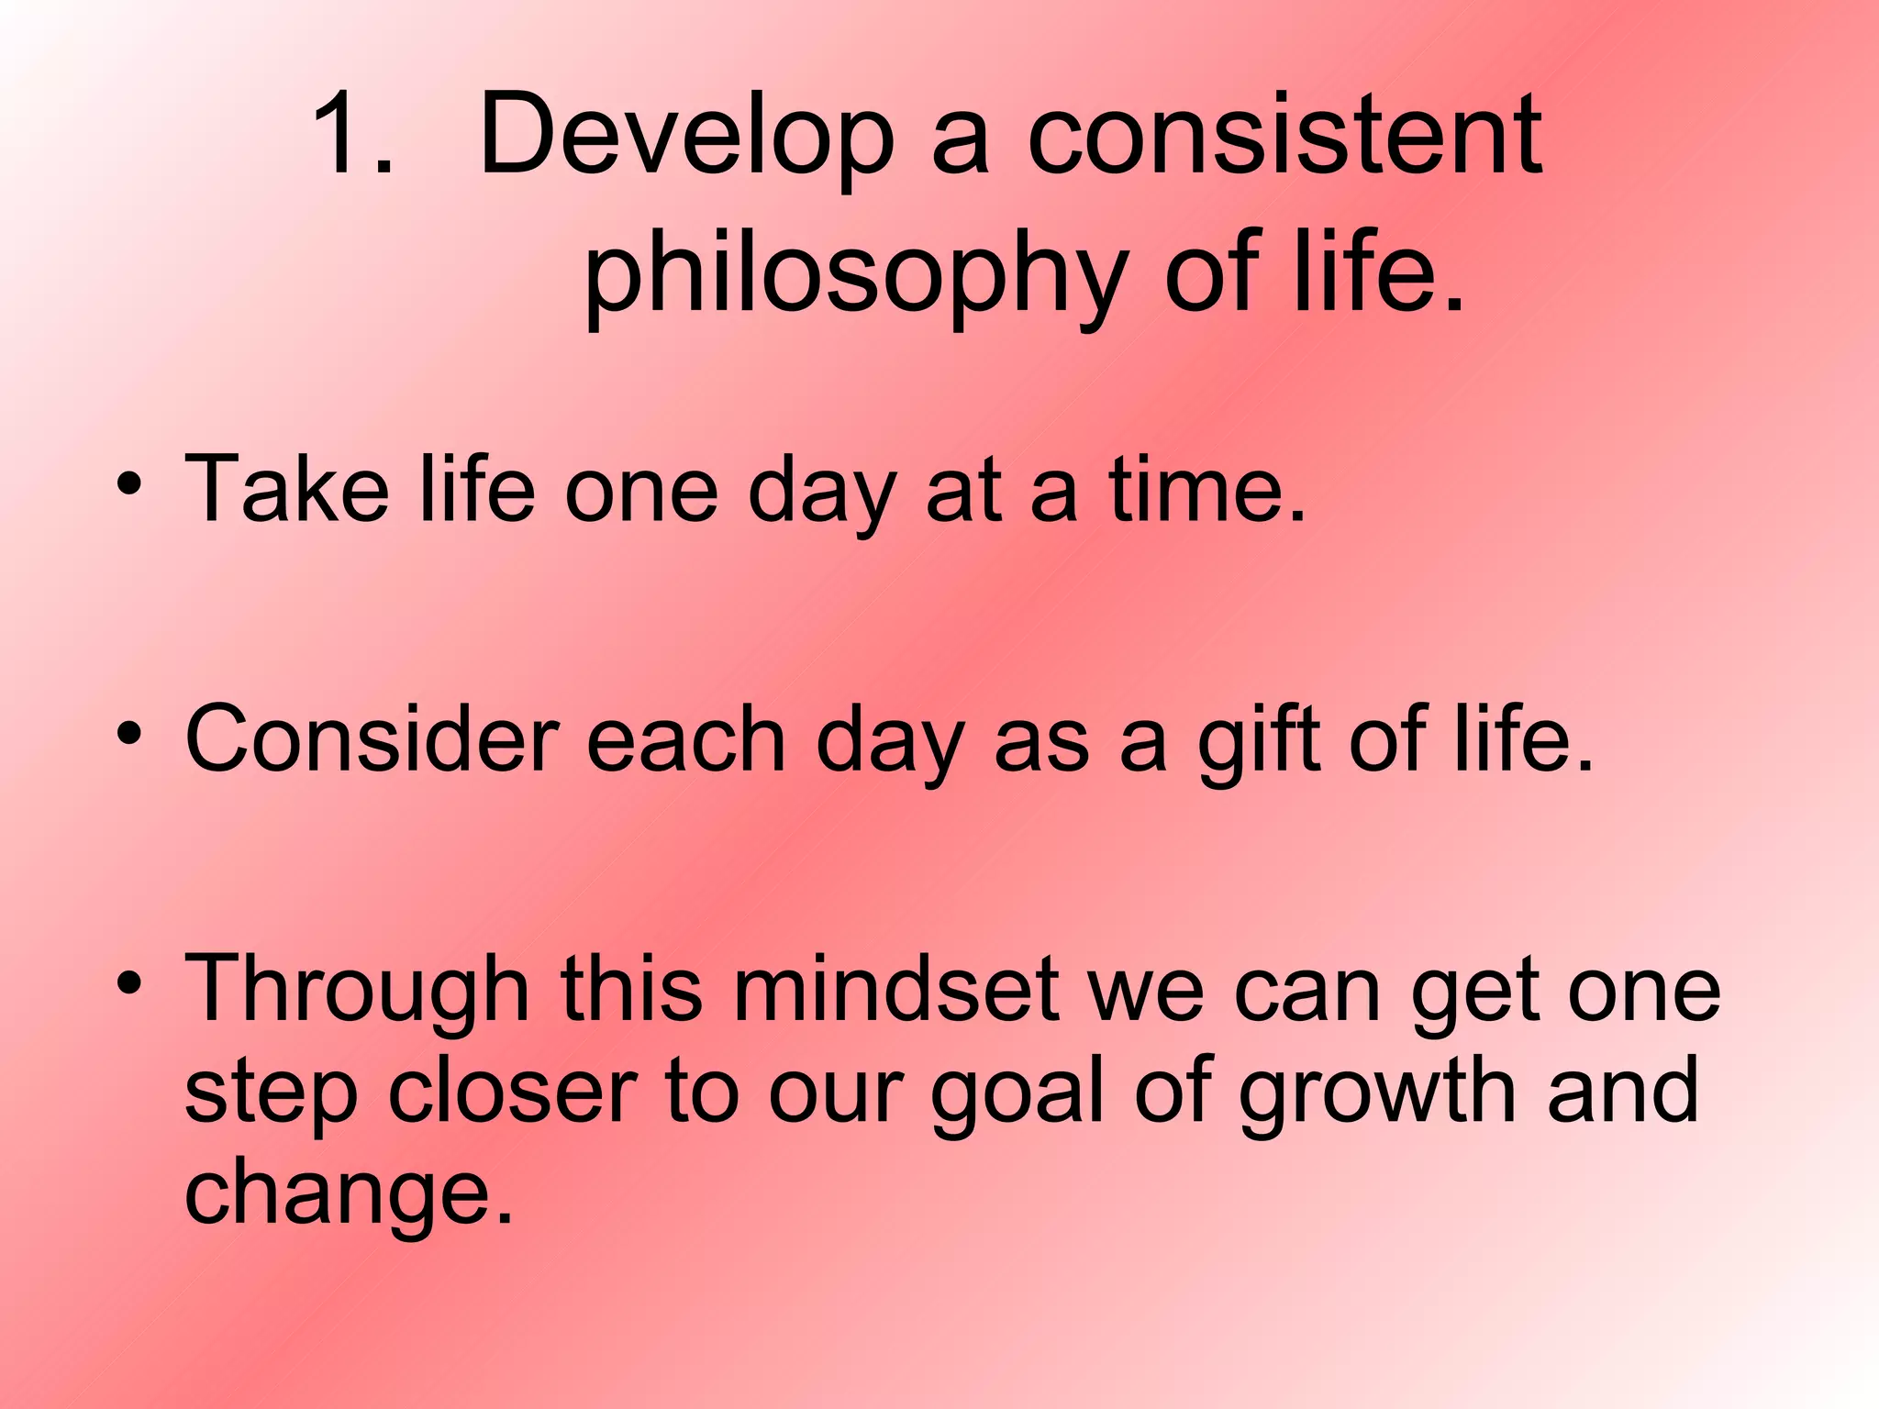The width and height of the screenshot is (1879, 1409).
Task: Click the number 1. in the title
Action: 353,136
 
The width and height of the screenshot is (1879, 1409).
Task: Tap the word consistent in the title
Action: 1284,136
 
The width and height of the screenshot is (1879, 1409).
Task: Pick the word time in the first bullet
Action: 1206,491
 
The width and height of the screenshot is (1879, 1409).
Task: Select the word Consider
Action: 372,741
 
